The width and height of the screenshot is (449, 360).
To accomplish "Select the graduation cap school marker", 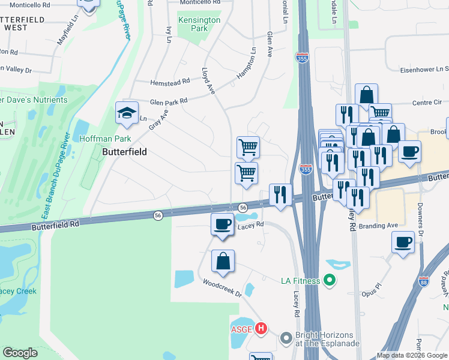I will click(x=127, y=113).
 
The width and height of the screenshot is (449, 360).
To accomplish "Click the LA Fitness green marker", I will click(x=328, y=280).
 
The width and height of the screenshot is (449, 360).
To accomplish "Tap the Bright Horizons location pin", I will click(x=285, y=339).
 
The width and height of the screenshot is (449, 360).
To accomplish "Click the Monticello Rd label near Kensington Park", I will click(x=200, y=2).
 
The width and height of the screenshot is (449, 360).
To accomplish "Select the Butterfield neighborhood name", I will click(x=124, y=152).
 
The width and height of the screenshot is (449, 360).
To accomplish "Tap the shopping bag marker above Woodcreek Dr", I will click(x=223, y=261).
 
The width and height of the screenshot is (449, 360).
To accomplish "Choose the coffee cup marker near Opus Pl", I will click(x=403, y=242).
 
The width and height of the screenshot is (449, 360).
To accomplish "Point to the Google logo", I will click(x=20, y=353).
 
